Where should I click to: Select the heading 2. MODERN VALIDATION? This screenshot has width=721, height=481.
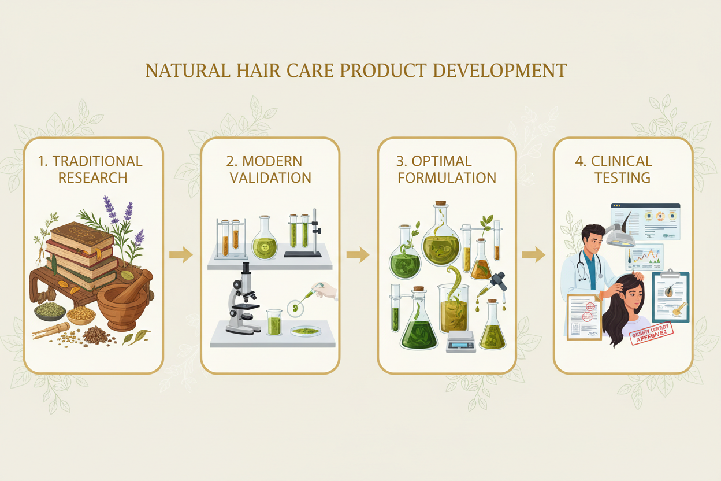(x=270, y=169)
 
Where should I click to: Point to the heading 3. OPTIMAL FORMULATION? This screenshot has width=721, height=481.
(x=447, y=169)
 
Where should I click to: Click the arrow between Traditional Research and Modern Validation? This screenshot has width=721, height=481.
(x=181, y=254)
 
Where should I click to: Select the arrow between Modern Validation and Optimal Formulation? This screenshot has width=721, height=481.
(x=358, y=254)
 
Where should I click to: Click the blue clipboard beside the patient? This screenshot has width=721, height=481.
(x=670, y=295)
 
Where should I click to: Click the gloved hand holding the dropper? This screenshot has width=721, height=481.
(x=328, y=290)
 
